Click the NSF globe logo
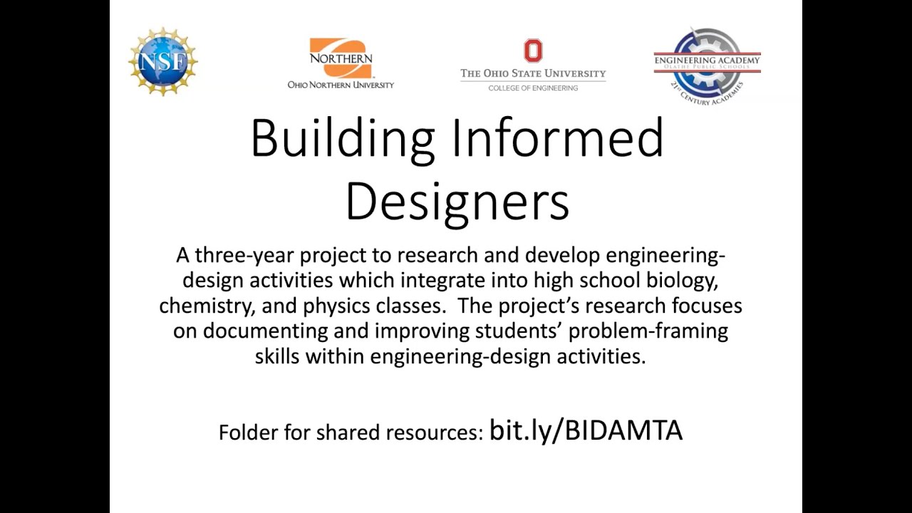163,62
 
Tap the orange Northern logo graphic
341,58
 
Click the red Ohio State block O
533,51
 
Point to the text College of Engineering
533,88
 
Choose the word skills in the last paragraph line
277,356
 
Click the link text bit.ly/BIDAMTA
586,430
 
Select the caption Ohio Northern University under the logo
341,85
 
